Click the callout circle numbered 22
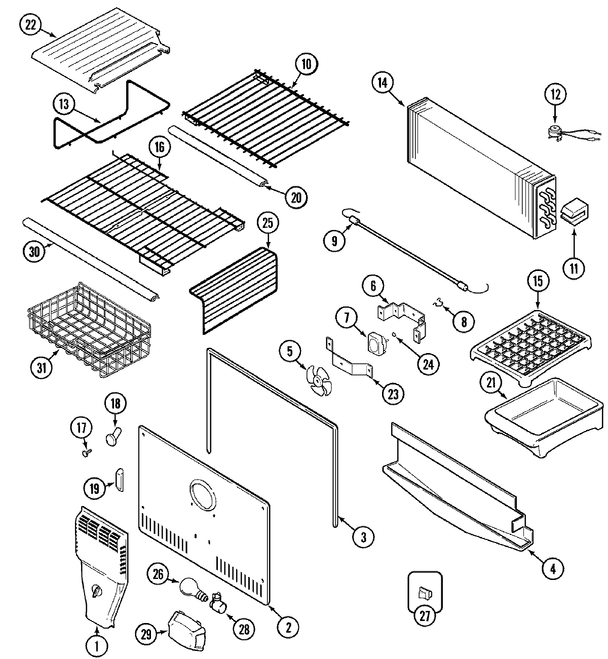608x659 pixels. pos(31,26)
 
